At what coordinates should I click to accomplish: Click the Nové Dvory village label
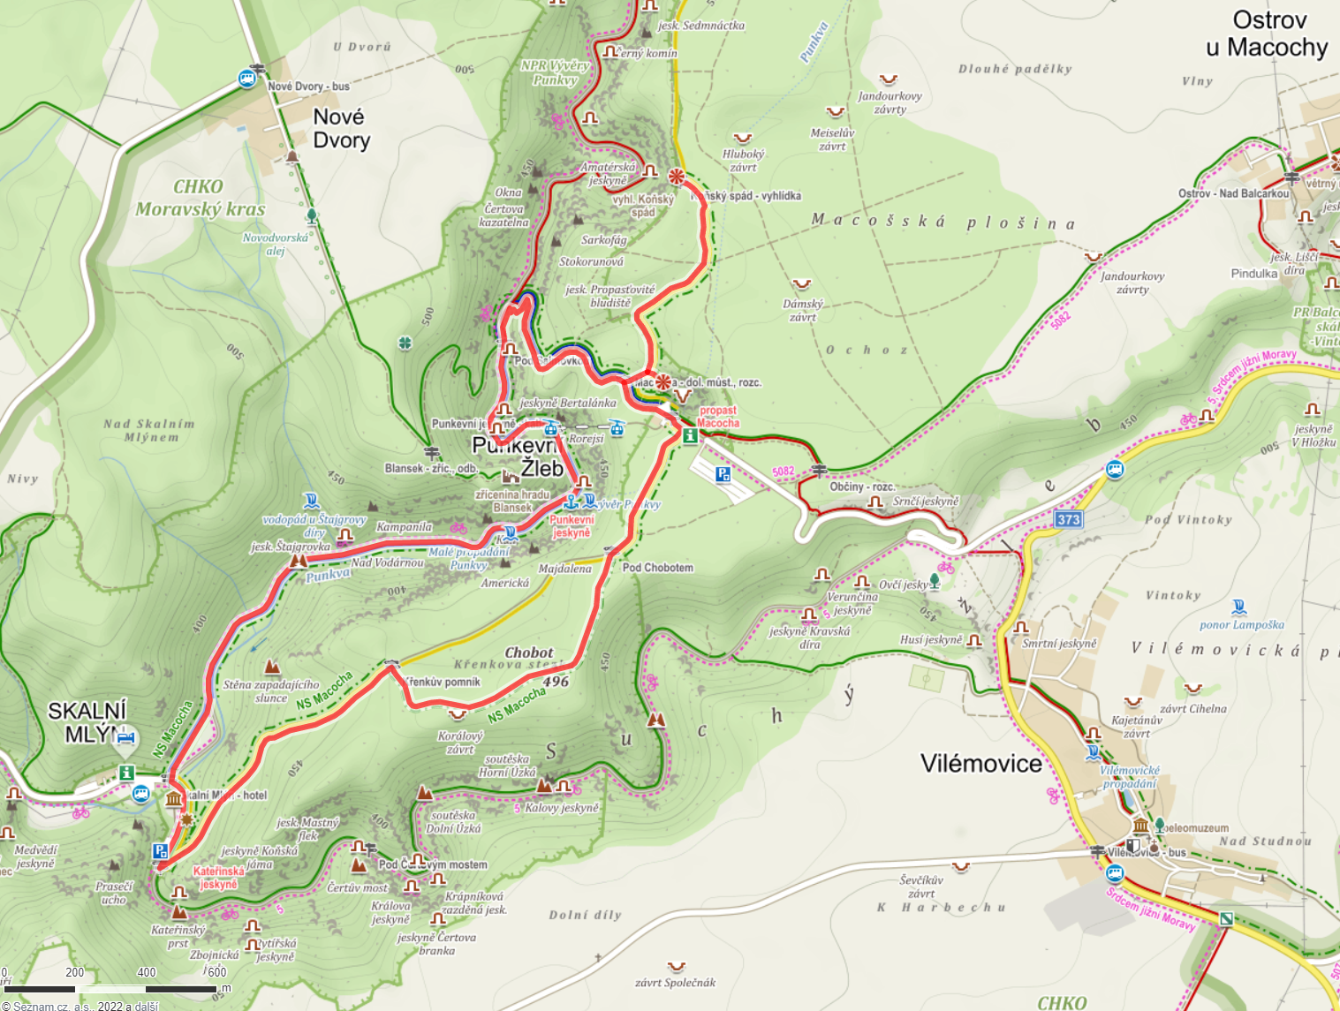[x=341, y=129]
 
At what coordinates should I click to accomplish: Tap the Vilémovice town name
[x=980, y=763]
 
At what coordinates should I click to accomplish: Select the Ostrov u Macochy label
[x=1268, y=34]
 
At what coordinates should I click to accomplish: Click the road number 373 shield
[x=1068, y=519]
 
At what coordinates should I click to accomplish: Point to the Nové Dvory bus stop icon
[x=247, y=79]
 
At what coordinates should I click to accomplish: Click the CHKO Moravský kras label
[x=200, y=198]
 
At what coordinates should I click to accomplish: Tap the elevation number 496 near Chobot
[x=556, y=682]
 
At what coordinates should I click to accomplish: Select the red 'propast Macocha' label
[x=718, y=417]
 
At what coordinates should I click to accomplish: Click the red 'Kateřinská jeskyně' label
[x=218, y=878]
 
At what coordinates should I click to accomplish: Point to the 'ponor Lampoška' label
[x=1242, y=624]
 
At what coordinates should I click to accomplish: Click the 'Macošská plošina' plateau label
[x=943, y=223]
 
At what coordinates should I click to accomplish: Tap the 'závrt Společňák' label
[x=675, y=982]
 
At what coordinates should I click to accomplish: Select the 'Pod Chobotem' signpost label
[x=657, y=568]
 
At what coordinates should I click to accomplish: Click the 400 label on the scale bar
[x=147, y=972]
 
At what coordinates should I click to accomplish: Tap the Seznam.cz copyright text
[x=79, y=1006]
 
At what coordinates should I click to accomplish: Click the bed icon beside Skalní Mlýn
[x=125, y=736]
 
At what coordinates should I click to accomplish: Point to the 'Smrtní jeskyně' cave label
[x=1059, y=644]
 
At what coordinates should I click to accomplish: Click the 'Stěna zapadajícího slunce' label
[x=271, y=690]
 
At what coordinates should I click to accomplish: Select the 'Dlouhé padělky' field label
[x=1015, y=69]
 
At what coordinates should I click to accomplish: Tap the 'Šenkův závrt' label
[x=922, y=886]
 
